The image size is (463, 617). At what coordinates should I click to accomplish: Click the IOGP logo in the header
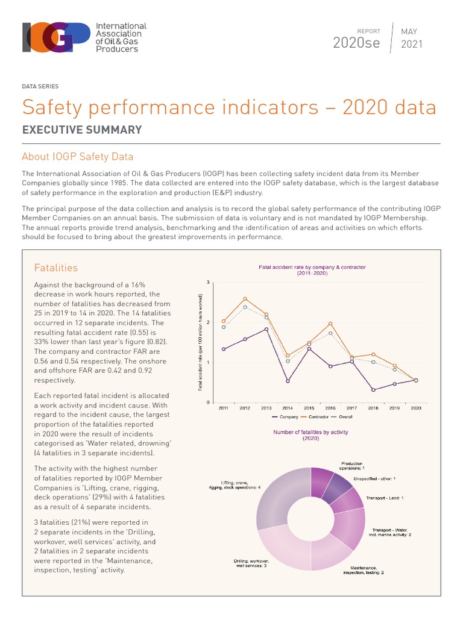tap(84, 37)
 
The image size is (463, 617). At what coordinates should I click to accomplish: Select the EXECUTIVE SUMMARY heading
tap(82, 130)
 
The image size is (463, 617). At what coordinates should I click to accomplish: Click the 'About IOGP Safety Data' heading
tap(77, 157)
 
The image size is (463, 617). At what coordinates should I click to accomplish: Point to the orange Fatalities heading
tap(56, 268)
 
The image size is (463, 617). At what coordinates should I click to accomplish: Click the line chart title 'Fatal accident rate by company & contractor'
tap(312, 266)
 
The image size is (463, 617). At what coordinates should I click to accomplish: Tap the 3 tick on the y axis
tap(208, 283)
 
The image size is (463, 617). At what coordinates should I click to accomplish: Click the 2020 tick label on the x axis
tap(415, 409)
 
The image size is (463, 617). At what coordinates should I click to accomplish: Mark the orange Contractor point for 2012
tap(245, 299)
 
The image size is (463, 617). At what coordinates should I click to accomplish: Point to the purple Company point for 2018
tap(373, 390)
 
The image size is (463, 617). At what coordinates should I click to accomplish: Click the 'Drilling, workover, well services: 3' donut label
tap(250, 564)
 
